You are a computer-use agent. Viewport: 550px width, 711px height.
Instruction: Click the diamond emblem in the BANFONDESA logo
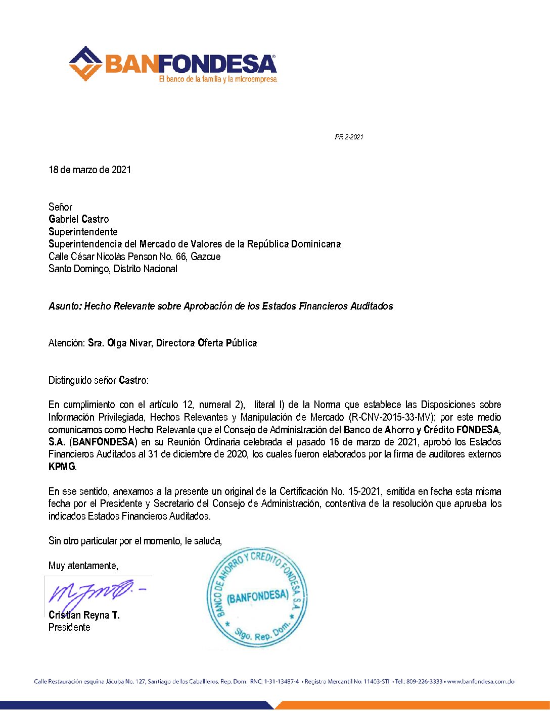(x=86, y=64)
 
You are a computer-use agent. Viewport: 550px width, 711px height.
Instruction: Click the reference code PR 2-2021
(x=349, y=137)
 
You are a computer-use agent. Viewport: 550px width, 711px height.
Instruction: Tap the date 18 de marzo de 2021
(x=89, y=170)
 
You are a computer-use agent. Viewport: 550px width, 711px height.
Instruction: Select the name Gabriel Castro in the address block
(x=78, y=219)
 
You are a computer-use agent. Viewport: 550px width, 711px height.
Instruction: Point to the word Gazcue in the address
(x=206, y=257)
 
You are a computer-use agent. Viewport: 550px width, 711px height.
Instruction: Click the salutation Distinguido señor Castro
(x=99, y=380)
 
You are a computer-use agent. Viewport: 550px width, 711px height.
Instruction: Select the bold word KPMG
(x=62, y=467)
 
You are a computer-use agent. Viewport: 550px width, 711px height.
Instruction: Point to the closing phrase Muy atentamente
(x=83, y=566)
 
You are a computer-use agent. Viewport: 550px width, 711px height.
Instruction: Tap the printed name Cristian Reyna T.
(x=84, y=615)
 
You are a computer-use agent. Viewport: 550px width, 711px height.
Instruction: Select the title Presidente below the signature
(x=69, y=627)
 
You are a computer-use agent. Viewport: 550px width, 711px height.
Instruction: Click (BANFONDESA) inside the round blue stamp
(x=258, y=597)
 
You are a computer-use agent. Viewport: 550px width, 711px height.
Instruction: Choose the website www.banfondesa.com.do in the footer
(x=480, y=682)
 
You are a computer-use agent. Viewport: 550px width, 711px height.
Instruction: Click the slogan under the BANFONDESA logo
(x=218, y=79)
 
